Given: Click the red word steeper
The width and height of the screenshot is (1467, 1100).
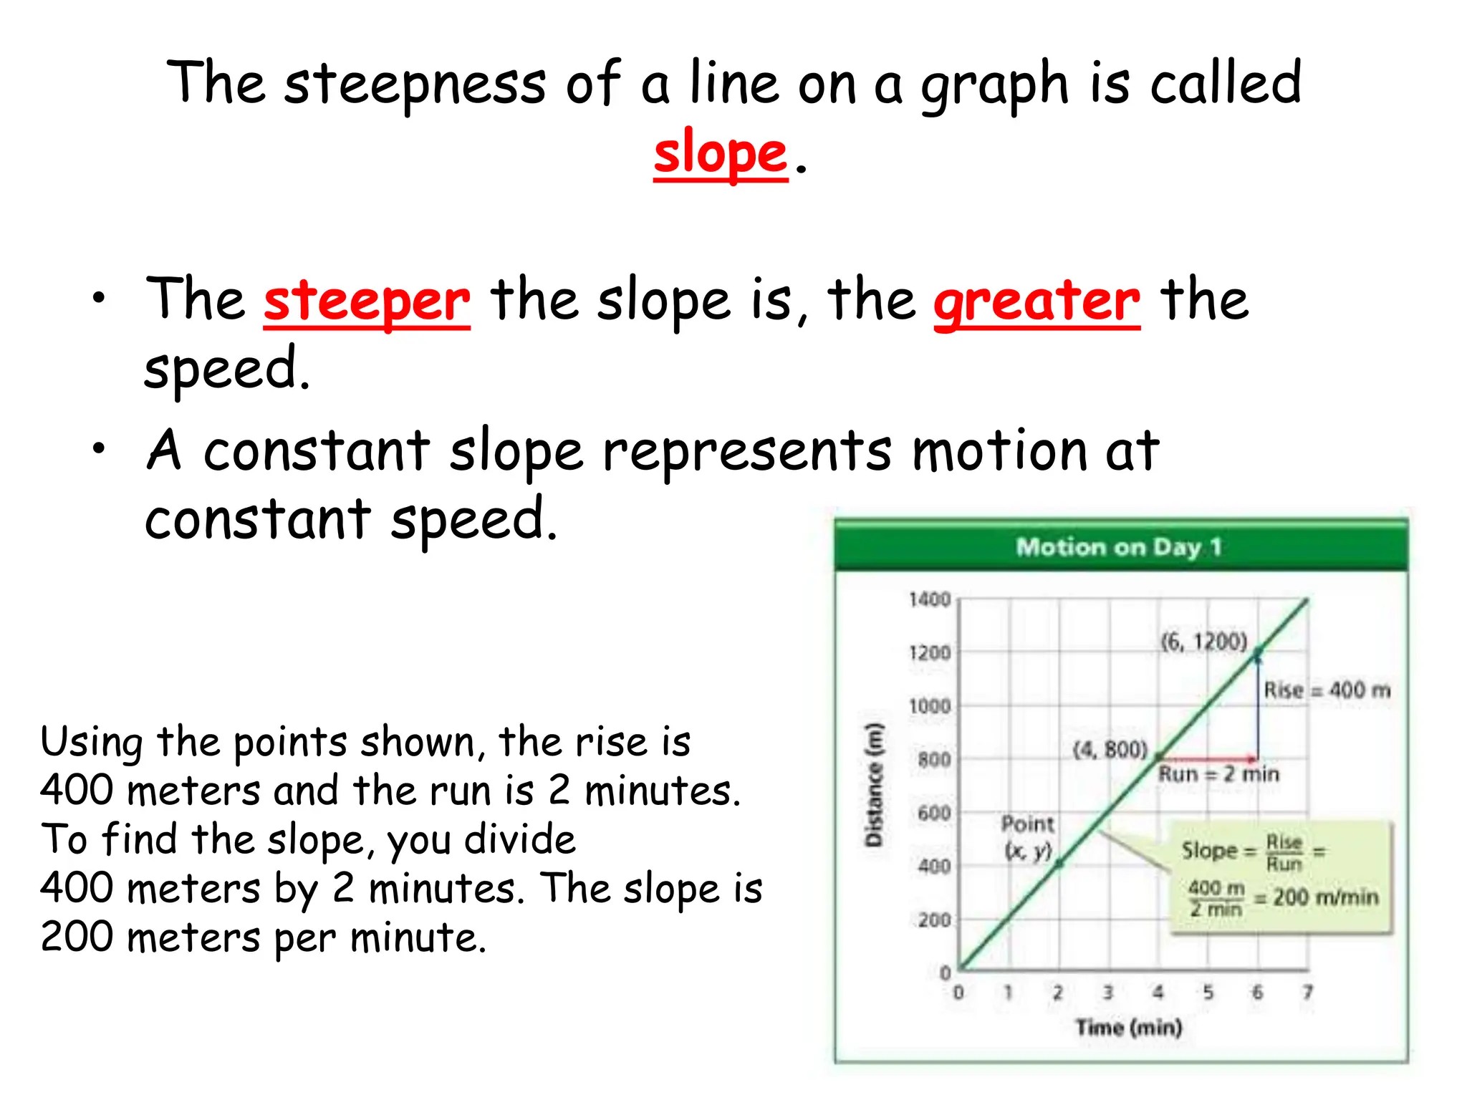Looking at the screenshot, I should click(x=367, y=301).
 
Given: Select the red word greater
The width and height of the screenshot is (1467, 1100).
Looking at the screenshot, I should click(x=1036, y=301).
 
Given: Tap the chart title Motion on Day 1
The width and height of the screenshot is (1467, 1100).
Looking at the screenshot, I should click(x=1119, y=547).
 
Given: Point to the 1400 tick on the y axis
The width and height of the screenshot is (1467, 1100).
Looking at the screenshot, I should click(x=930, y=599).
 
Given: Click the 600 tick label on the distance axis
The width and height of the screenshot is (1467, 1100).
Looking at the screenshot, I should click(x=934, y=813).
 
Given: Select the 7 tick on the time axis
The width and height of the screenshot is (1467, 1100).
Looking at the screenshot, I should click(x=1308, y=992).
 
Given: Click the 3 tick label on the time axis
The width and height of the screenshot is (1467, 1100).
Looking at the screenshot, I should click(x=1107, y=992).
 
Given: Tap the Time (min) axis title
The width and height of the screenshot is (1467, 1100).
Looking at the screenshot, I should click(x=1128, y=1028).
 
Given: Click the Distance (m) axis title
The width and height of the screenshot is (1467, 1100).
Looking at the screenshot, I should click(x=874, y=785).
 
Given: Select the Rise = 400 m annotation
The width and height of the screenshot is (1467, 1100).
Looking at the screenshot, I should click(x=1327, y=690).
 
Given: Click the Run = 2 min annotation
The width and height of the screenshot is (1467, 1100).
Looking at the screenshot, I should click(x=1219, y=774).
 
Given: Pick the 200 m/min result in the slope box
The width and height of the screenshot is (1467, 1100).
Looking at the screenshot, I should click(x=1325, y=897).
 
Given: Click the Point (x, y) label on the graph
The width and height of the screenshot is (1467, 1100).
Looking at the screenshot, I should click(x=1028, y=836).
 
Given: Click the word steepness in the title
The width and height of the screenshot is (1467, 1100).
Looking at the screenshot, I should click(x=415, y=85).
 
